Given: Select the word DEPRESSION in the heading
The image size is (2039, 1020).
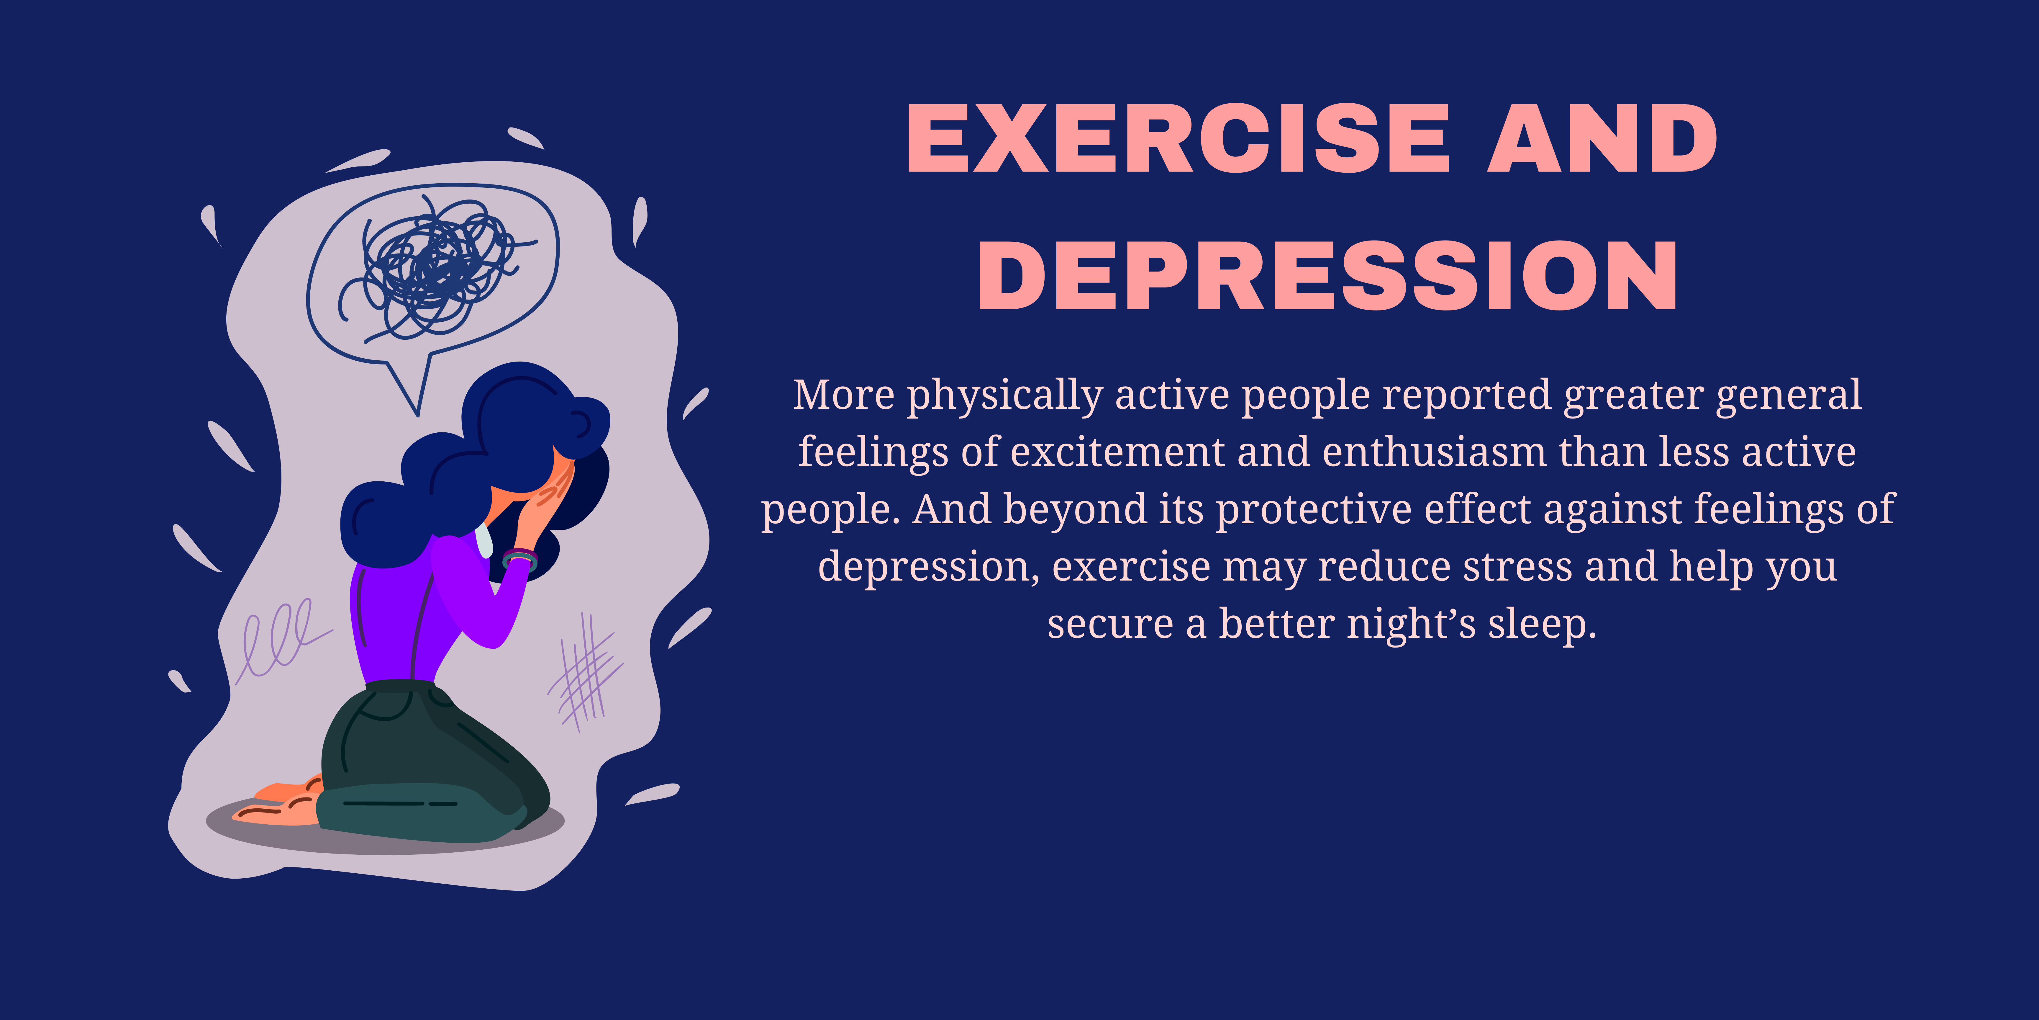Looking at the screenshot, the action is click(x=1327, y=276).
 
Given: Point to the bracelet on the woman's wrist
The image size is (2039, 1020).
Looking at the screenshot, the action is click(x=520, y=559).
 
